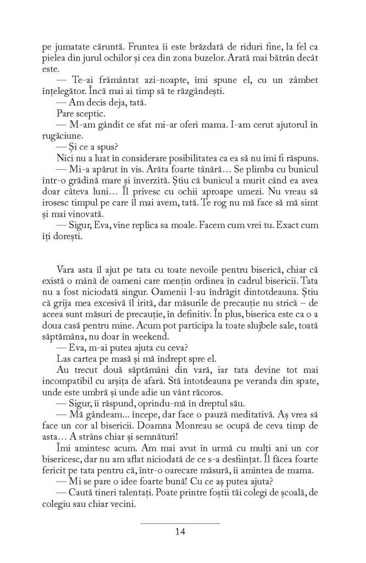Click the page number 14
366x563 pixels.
[x=180, y=531]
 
